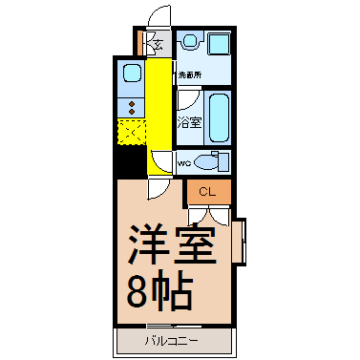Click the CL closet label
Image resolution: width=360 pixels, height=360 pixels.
point(206,192)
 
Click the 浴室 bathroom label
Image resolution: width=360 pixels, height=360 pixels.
point(189,122)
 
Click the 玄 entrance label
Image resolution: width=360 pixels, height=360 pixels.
point(158,41)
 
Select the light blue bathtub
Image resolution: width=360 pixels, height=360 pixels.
point(220,116)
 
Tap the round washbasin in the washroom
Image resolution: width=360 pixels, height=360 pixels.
point(188,42)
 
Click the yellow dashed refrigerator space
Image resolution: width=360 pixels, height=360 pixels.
point(130,131)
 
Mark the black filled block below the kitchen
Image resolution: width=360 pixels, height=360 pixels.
point(128,161)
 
